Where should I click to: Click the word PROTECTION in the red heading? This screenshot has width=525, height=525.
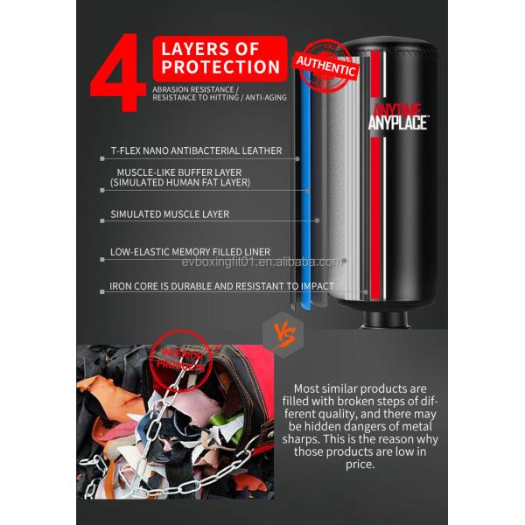(x=220, y=67)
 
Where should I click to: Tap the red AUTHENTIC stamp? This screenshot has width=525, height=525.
(x=326, y=62)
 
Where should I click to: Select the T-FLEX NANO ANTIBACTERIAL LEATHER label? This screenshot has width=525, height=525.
(x=196, y=150)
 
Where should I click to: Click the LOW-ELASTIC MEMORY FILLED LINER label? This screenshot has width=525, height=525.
(x=190, y=252)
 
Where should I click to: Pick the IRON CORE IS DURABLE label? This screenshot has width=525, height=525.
(x=221, y=286)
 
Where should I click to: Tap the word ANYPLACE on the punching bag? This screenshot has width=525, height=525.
(x=398, y=123)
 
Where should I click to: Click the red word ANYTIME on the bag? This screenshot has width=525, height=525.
(x=398, y=109)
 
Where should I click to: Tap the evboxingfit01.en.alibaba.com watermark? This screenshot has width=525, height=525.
(x=262, y=262)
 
